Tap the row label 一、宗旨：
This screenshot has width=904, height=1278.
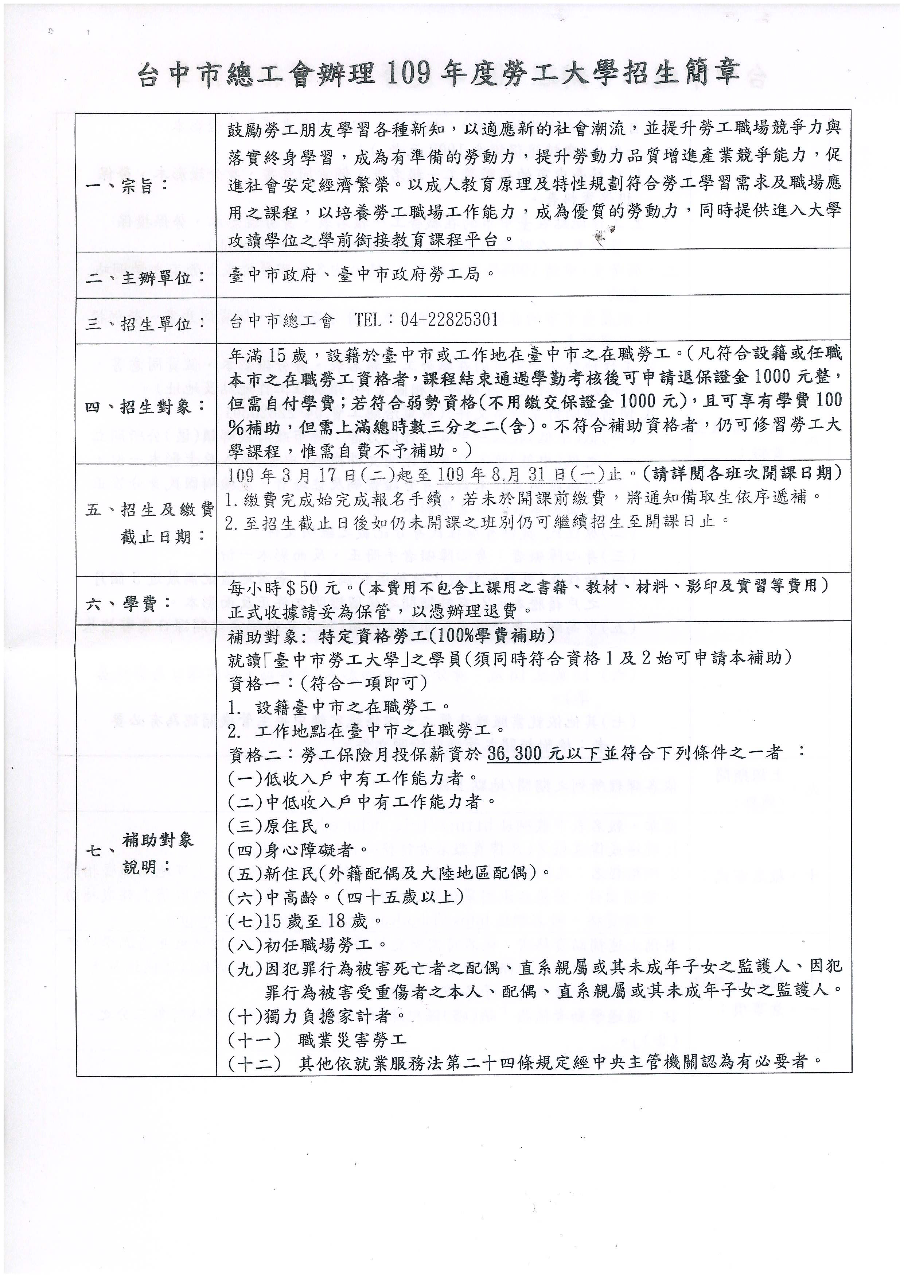tap(127, 185)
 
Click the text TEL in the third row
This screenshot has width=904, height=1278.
tap(368, 319)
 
